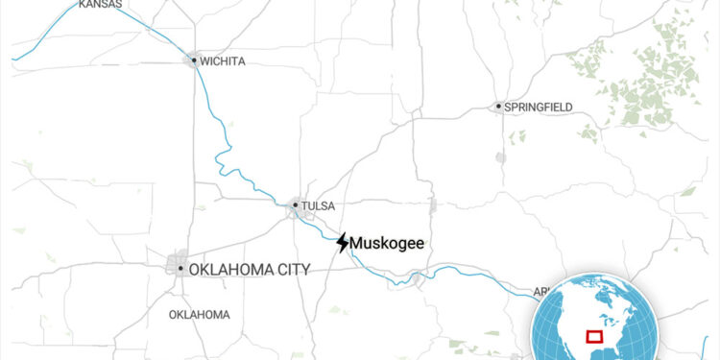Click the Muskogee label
(388, 244)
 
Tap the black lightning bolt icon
(343, 243)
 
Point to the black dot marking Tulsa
(295, 204)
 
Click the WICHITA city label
(224, 61)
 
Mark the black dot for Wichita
(194, 60)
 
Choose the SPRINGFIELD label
(540, 107)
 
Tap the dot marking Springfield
(499, 107)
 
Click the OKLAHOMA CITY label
(250, 270)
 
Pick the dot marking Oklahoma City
(180, 269)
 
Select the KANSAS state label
(100, 5)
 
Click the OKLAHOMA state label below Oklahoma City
(199, 315)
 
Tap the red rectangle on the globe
(593, 336)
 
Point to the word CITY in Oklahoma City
(291, 270)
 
